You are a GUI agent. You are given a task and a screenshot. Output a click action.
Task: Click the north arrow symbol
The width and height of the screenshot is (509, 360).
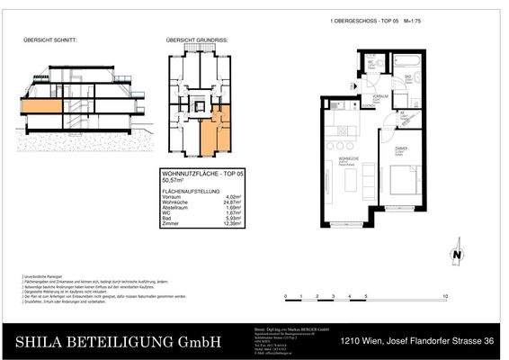point(457,256)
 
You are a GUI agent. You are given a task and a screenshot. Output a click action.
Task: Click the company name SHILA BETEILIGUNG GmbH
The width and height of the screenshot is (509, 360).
point(119,341)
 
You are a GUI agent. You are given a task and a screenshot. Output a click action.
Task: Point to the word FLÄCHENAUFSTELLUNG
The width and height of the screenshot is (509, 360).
point(191,191)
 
